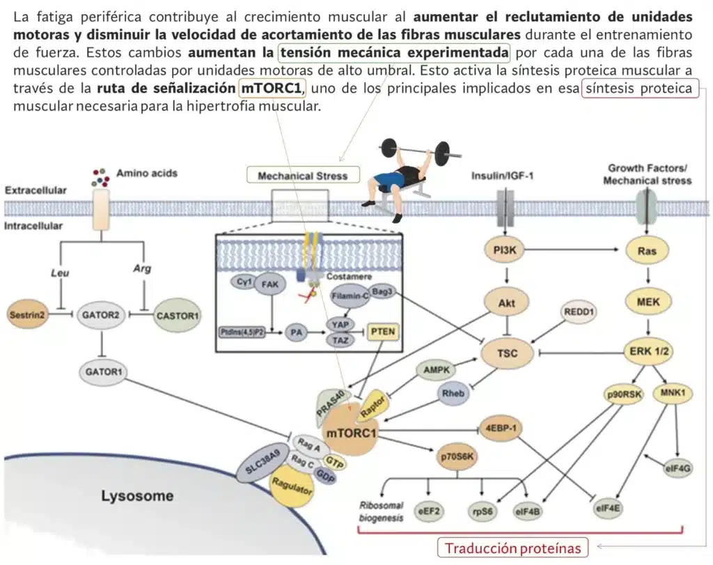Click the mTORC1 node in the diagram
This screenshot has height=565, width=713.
click(x=352, y=434)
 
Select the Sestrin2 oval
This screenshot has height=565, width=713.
click(x=27, y=315)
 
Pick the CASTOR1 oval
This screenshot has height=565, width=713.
click(x=178, y=316)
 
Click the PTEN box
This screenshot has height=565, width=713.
click(x=383, y=332)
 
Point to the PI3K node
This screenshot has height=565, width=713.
click(x=503, y=249)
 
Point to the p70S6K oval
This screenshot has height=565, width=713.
click(x=457, y=457)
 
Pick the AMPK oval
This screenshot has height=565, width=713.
click(x=437, y=371)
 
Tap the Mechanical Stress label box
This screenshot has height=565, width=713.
click(x=302, y=176)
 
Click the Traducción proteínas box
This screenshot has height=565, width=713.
click(x=512, y=548)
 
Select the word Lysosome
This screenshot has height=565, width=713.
click(x=136, y=497)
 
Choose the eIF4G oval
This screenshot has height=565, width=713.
click(x=678, y=468)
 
